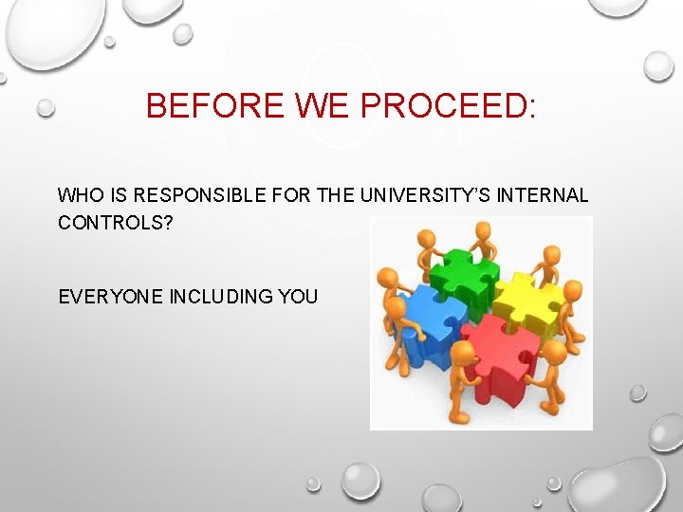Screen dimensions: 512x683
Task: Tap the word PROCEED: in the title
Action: [449, 105]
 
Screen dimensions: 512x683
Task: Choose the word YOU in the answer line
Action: [299, 297]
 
